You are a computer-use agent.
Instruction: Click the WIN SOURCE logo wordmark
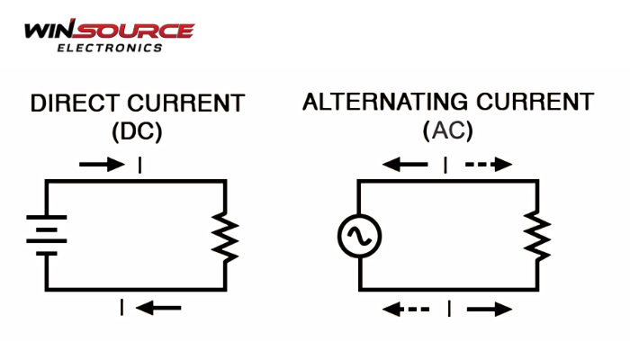108,30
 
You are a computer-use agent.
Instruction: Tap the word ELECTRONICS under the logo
109,48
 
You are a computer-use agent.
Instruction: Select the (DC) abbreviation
137,131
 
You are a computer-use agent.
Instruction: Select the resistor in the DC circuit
224,236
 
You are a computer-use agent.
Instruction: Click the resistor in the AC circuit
537,236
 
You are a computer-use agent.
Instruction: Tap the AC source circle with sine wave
359,237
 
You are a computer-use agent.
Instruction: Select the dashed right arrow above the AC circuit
488,165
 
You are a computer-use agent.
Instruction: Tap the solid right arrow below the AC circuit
489,309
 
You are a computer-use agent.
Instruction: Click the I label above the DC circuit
139,165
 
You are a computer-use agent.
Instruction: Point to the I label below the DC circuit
122,308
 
